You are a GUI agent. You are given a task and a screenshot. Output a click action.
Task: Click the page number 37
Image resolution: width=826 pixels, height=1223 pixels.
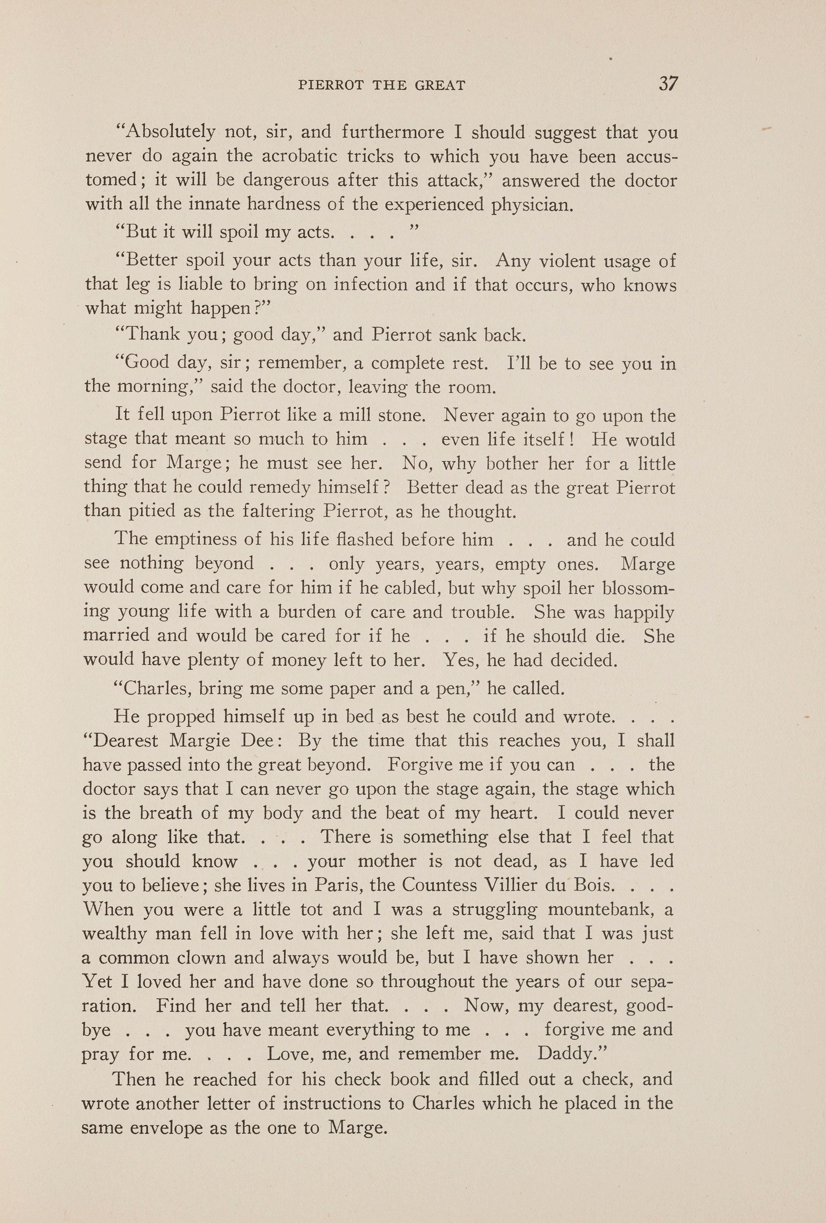point(668,84)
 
